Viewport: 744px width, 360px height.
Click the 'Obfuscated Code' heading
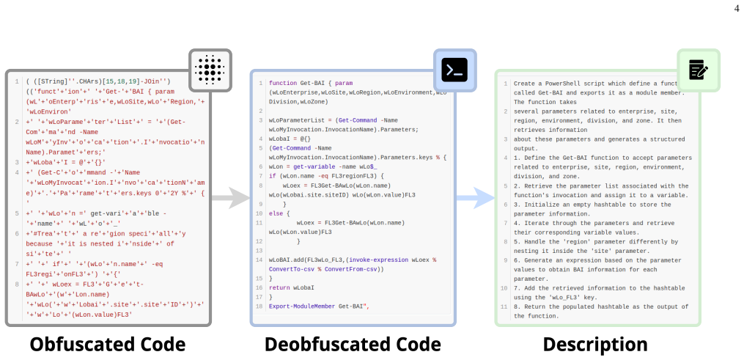[108, 345]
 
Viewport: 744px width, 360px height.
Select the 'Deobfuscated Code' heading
[353, 345]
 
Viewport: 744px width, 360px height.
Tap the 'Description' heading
[595, 345]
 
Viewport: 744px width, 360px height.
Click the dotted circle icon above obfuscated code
[210, 70]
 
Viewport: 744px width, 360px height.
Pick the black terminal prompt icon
[454, 70]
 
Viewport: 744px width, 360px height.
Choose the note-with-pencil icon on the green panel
[699, 70]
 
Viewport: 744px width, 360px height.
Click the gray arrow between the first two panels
[231, 198]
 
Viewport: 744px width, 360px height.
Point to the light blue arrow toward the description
[476, 198]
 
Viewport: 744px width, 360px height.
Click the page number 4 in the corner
[737, 8]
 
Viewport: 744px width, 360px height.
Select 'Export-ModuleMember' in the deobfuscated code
[302, 306]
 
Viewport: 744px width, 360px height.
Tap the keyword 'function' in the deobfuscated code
[283, 83]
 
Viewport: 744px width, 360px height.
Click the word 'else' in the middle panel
[276, 213]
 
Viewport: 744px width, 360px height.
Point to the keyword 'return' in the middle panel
[279, 288]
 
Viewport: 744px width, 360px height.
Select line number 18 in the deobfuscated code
[259, 306]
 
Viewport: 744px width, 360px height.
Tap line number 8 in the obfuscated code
[17, 284]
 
